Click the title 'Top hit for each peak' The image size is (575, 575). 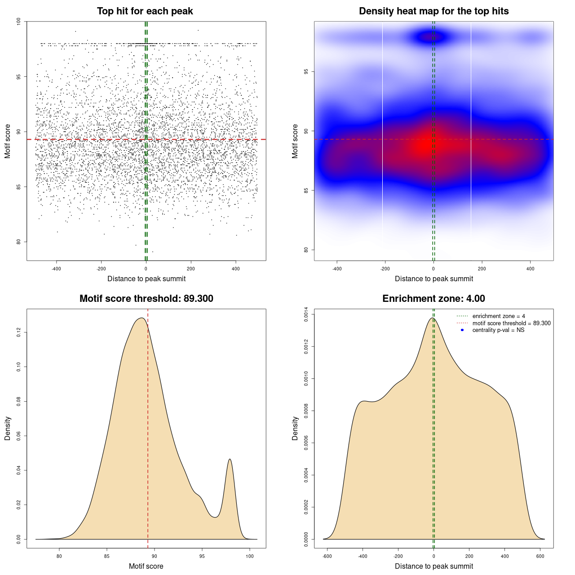tap(145, 11)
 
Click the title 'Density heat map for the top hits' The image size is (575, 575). tap(433, 11)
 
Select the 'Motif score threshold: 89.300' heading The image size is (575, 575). tap(146, 299)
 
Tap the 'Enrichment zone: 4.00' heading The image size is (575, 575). tap(433, 299)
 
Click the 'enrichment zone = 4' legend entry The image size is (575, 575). tap(499, 316)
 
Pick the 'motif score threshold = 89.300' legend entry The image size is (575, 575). tap(511, 323)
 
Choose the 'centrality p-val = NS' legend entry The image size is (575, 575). tap(498, 330)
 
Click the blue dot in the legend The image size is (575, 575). tap(462, 330)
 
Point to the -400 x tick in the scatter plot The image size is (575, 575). tap(56, 269)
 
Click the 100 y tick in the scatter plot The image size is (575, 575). tap(19, 22)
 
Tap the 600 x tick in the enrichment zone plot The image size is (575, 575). tap(540, 556)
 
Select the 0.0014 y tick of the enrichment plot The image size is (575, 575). tap(306, 314)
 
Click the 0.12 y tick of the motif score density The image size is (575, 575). tap(19, 332)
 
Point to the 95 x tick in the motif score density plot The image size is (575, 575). tap(202, 556)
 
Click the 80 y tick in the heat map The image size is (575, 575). tap(306, 250)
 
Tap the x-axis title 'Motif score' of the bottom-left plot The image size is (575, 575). tap(146, 566)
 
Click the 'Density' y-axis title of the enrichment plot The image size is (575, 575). tap(295, 428)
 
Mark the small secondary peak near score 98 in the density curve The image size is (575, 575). tap(230, 459)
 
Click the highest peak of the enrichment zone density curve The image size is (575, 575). tap(432, 318)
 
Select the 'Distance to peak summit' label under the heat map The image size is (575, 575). tap(433, 279)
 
